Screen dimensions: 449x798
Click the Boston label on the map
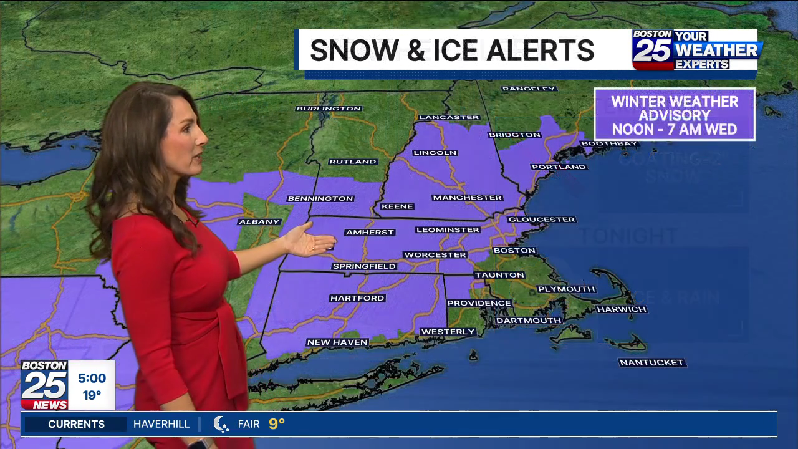tap(514, 251)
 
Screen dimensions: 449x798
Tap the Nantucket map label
tap(651, 362)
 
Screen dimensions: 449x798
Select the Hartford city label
tap(357, 298)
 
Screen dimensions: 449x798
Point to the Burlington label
tap(329, 109)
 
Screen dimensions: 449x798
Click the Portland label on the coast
tap(559, 167)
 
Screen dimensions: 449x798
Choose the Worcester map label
tap(435, 254)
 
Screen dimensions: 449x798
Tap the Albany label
tap(259, 221)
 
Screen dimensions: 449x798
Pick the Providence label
tap(479, 303)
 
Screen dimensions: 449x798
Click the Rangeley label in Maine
tap(529, 89)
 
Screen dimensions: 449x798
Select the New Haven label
tap(337, 342)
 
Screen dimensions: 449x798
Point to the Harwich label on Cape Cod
tap(622, 309)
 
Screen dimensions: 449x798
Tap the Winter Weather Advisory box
tap(674, 115)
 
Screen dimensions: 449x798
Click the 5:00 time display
tap(92, 378)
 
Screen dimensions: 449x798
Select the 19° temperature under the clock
tap(92, 395)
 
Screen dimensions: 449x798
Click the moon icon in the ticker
tap(221, 424)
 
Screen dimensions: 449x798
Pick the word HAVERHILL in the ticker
tap(161, 424)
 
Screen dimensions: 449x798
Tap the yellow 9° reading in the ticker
tap(277, 424)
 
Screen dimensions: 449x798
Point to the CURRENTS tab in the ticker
tap(76, 424)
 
